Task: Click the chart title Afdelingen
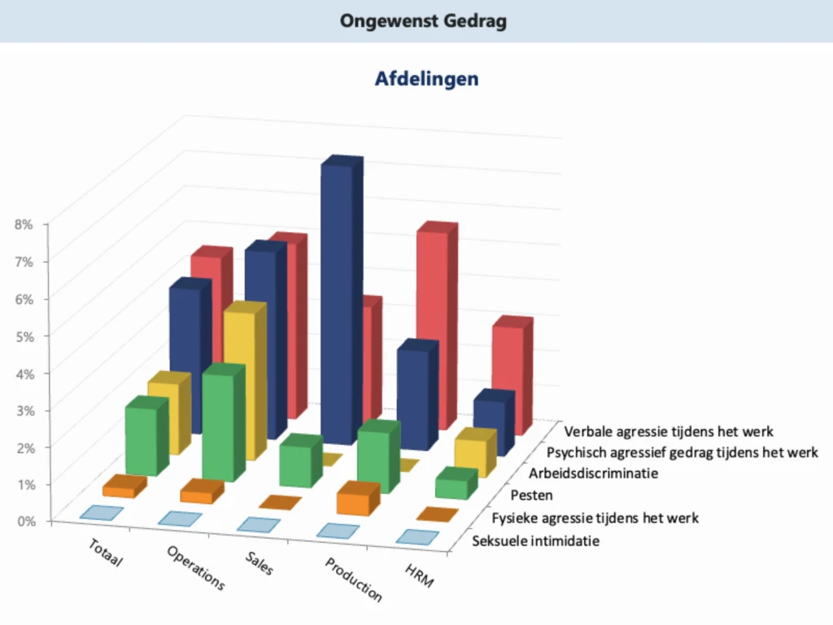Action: (426, 79)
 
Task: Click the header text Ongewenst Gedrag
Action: (423, 21)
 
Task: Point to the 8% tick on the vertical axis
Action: (23, 224)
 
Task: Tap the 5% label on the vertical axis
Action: (23, 335)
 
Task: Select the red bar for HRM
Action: (510, 374)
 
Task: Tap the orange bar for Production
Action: (356, 498)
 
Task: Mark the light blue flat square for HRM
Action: (417, 537)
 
